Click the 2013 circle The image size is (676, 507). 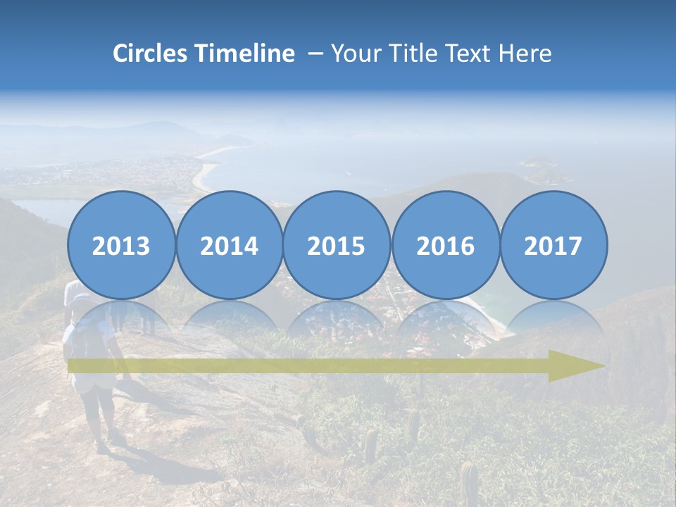[x=121, y=245]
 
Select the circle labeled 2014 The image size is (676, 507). [x=230, y=245]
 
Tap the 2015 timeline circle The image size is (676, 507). [x=337, y=245]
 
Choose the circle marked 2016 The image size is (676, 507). [x=445, y=245]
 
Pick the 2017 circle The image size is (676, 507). [x=553, y=245]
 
